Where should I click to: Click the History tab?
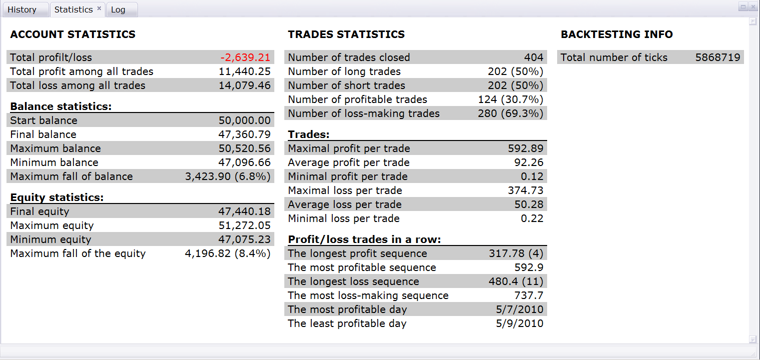[22, 9]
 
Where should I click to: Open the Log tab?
[118, 9]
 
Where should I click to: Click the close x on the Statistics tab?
[99, 8]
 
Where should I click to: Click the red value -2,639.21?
[245, 57]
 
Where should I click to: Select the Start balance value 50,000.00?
[245, 120]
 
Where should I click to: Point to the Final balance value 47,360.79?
[245, 134]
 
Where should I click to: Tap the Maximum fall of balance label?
[71, 176]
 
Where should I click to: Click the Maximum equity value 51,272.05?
[245, 225]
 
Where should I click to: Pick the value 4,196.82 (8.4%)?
[228, 253]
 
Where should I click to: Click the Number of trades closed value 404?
[534, 57]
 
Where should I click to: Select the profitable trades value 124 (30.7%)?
[511, 99]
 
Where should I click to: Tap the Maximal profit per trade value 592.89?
[526, 148]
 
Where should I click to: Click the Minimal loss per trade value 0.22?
[532, 218]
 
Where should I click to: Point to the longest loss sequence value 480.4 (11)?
[516, 281]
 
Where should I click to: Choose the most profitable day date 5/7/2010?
[520, 309]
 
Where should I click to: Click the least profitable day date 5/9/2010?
[520, 323]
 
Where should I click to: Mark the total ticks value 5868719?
[718, 57]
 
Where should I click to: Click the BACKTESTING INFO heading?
[617, 34]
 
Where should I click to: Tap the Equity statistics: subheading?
[57, 197]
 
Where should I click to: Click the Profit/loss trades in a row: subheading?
[364, 239]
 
